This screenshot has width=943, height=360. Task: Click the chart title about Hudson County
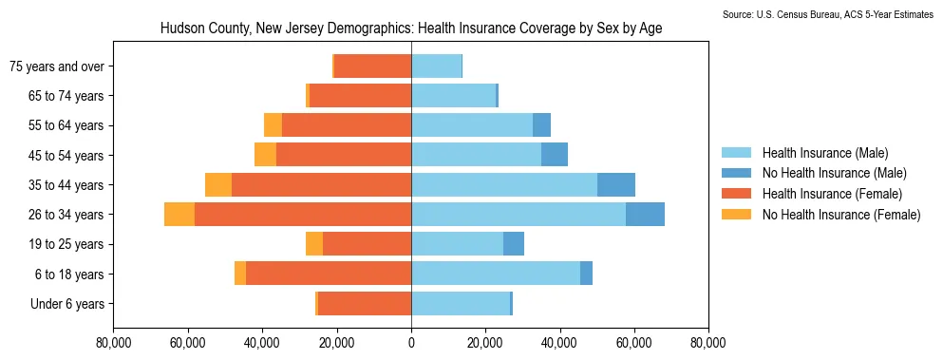coord(411,28)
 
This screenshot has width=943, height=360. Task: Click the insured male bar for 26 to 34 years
coord(519,215)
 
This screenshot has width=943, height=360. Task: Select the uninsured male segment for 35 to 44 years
coord(615,185)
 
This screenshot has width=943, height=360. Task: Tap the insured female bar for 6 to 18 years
coord(329,274)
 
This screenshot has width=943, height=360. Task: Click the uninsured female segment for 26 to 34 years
coord(179,215)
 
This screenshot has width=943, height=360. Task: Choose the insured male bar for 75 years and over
coord(437,66)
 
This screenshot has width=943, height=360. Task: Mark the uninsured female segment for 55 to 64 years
coord(273,125)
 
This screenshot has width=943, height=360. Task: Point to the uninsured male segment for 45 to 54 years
coord(555,155)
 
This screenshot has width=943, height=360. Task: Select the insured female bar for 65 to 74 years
coord(360,96)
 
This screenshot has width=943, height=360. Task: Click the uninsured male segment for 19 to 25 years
coord(514,244)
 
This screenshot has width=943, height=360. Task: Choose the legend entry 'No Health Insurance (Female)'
coord(820,215)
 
